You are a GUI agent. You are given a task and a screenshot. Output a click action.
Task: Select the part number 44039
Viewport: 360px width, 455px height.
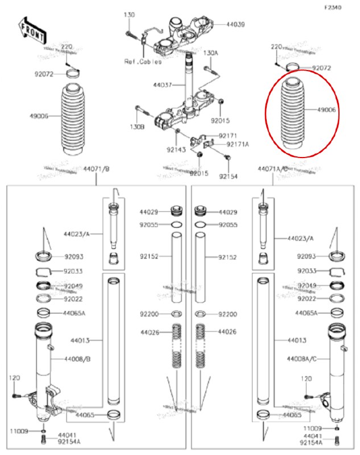[235, 25]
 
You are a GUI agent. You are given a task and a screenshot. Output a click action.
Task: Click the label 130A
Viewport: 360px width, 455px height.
[210, 53]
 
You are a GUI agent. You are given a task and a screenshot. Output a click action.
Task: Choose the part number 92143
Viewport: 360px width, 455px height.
[176, 150]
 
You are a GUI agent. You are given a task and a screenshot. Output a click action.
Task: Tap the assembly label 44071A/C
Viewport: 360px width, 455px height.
[272, 169]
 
